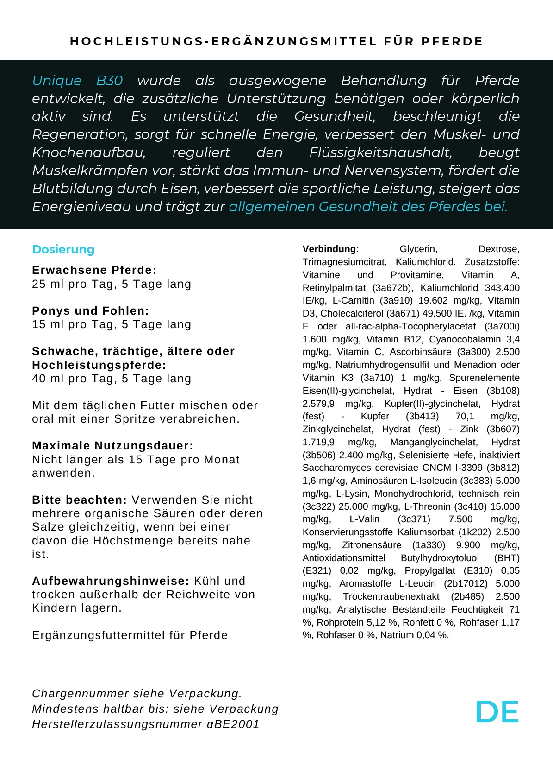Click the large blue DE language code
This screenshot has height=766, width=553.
pyautogui.click(x=497, y=712)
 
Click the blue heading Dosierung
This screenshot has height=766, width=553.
pyautogui.click(x=63, y=249)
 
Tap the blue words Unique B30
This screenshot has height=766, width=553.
pyautogui.click(x=77, y=81)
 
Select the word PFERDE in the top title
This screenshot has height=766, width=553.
pyautogui.click(x=452, y=42)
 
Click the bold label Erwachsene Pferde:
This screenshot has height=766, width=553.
pyautogui.click(x=94, y=270)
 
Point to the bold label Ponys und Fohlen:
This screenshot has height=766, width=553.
pyautogui.click(x=91, y=311)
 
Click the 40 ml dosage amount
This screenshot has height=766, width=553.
pyautogui.click(x=45, y=379)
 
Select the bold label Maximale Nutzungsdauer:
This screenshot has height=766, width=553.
pyautogui.click(x=112, y=446)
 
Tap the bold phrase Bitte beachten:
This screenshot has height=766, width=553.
pyautogui.click(x=79, y=500)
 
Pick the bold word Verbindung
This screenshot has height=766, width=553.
pyautogui.click(x=329, y=249)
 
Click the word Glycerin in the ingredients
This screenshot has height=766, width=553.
pyautogui.click(x=418, y=249)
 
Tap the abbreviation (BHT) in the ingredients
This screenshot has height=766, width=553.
pyautogui.click(x=507, y=558)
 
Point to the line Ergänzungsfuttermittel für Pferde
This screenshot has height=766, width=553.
pyautogui.click(x=130, y=635)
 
